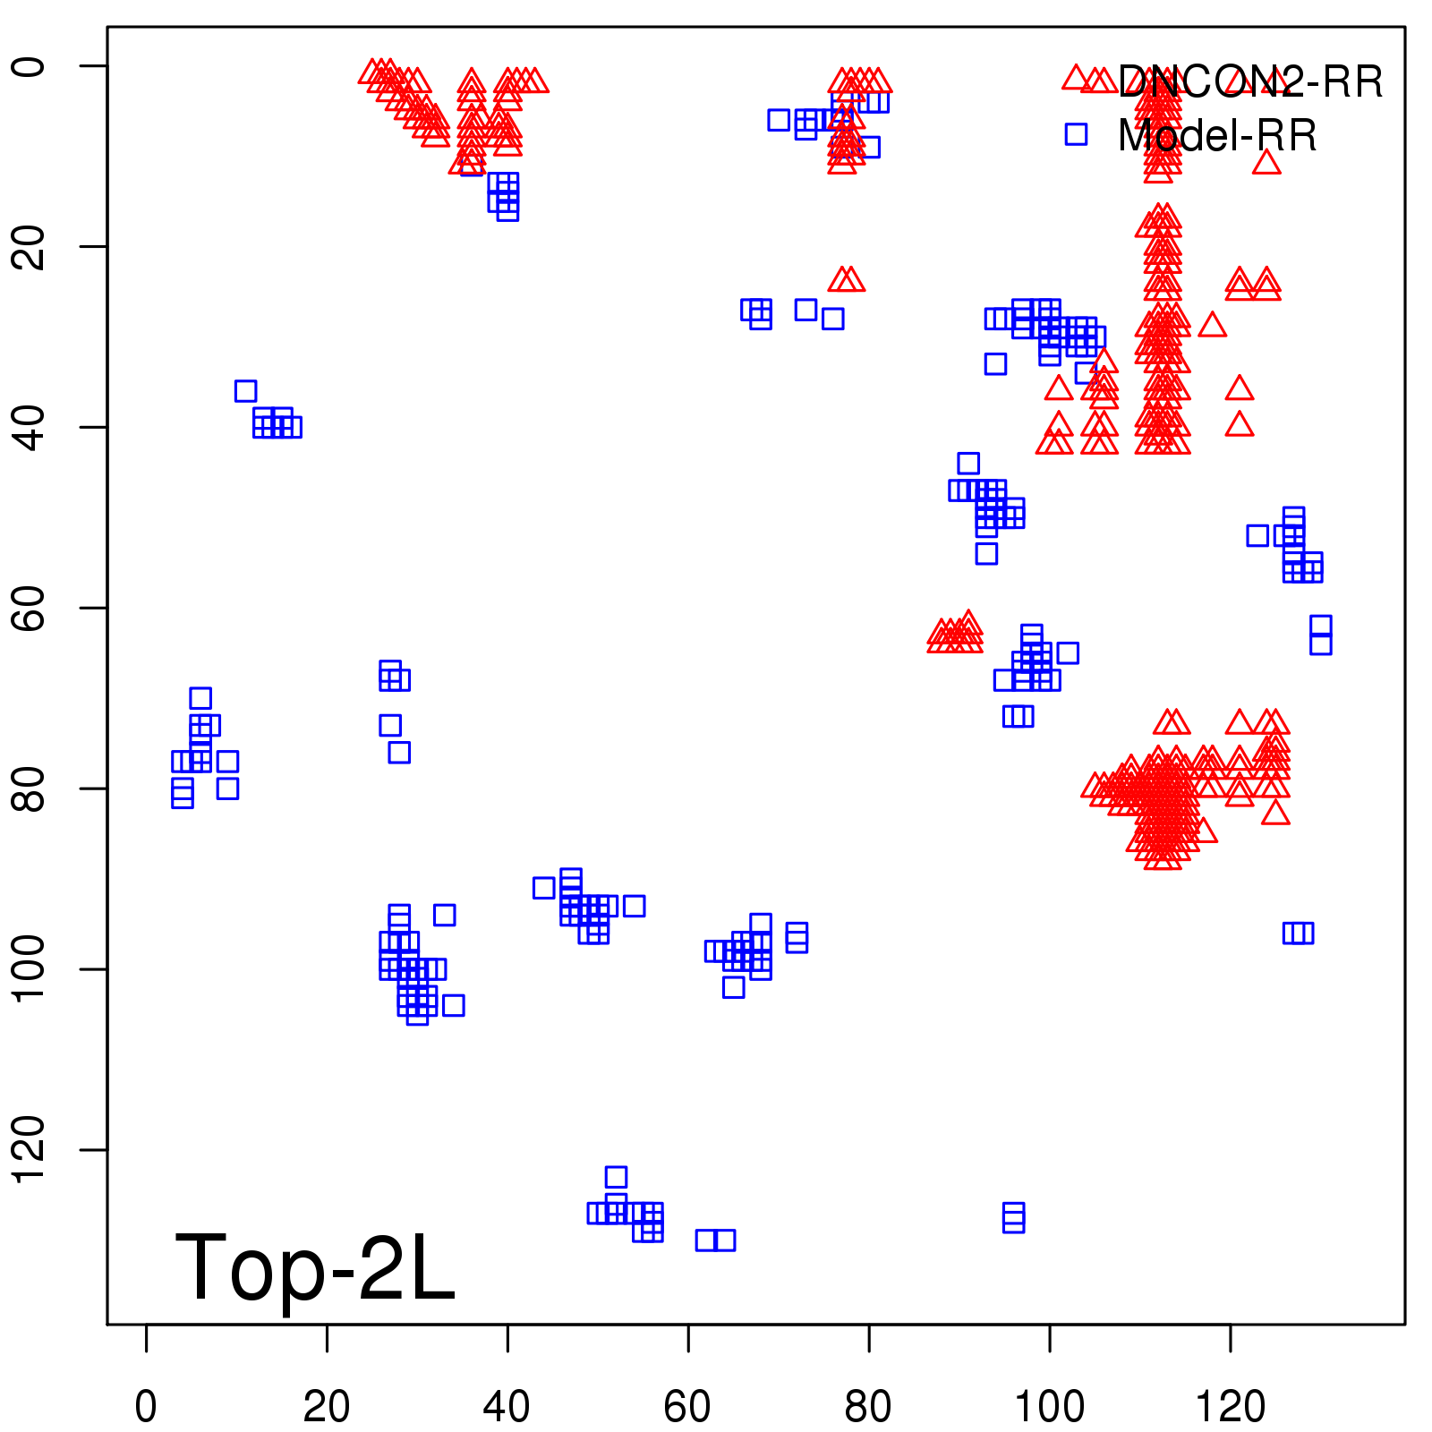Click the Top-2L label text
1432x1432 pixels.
315,1267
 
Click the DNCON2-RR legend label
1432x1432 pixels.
1249,82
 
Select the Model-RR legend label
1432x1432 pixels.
1217,136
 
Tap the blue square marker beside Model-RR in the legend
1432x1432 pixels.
1076,134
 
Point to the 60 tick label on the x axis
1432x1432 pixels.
687,1406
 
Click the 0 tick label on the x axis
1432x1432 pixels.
146,1406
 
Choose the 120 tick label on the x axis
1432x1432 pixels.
1230,1406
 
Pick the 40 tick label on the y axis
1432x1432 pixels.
29,427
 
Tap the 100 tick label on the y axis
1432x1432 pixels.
29,968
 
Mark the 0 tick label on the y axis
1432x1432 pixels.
29,66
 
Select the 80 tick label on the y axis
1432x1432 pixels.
29,788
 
